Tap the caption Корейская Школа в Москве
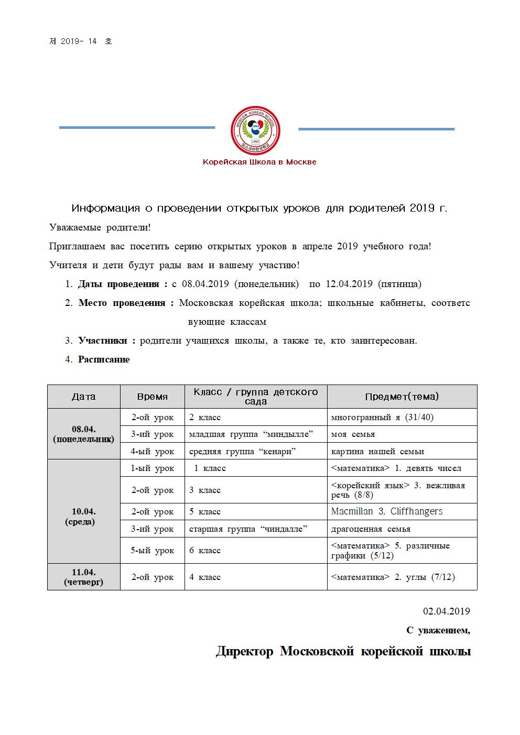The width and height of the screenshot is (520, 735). (x=259, y=162)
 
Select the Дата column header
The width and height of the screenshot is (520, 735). (x=84, y=397)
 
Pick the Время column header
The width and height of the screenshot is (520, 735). (x=152, y=397)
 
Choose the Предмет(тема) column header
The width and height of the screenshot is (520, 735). (x=402, y=397)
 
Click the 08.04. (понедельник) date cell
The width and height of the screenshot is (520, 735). (x=84, y=434)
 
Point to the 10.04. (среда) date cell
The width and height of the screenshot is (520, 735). (x=84, y=516)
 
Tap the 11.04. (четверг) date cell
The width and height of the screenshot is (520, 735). (x=84, y=577)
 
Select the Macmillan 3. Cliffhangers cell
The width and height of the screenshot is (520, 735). (x=387, y=511)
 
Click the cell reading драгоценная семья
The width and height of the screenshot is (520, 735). (x=371, y=529)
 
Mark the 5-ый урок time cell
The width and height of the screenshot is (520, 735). (x=153, y=550)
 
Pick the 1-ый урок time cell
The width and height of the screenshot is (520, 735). (x=153, y=468)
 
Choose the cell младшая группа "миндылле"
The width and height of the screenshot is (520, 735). (x=251, y=434)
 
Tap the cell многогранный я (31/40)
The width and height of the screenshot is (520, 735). (x=383, y=417)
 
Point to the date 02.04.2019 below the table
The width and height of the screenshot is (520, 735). (x=446, y=611)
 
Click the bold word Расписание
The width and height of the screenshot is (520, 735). (x=104, y=359)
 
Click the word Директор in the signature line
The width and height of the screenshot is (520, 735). (x=244, y=651)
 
